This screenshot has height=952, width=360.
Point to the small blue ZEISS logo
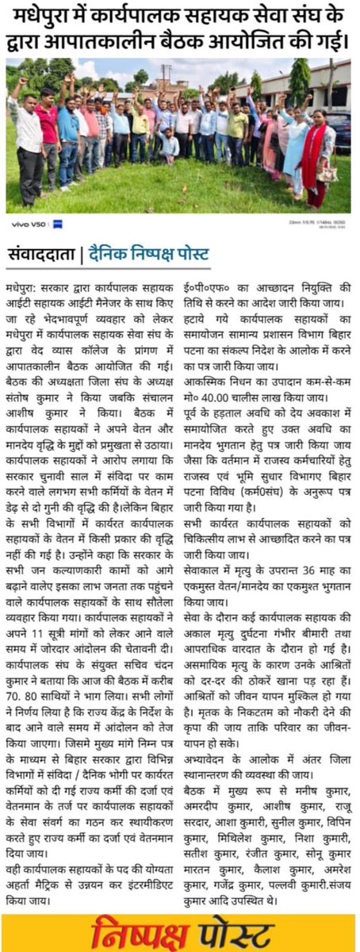pyautogui.click(x=57, y=225)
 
